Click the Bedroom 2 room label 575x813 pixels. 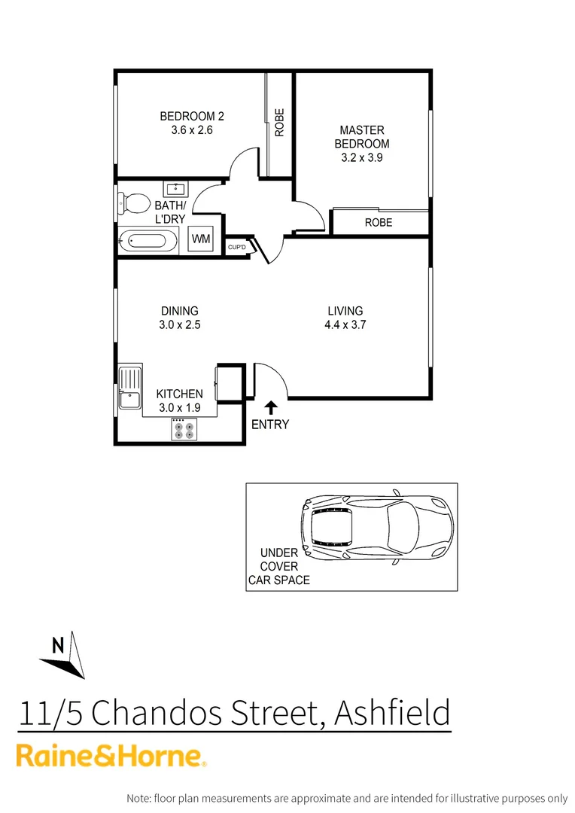coord(192,116)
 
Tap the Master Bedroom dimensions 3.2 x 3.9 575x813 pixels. coord(362,157)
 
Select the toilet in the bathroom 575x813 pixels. coord(133,202)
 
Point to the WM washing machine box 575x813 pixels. coord(201,239)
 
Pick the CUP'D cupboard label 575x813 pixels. coord(237,247)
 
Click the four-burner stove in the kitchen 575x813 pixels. coord(183,429)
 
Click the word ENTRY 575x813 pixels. coord(269,425)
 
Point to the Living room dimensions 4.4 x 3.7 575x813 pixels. coord(345,325)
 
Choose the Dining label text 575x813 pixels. coord(179,311)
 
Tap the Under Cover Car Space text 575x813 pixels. coord(279,566)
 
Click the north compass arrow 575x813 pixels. coord(65,656)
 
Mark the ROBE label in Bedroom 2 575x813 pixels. coord(279,123)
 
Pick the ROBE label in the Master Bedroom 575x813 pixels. coord(378,223)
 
